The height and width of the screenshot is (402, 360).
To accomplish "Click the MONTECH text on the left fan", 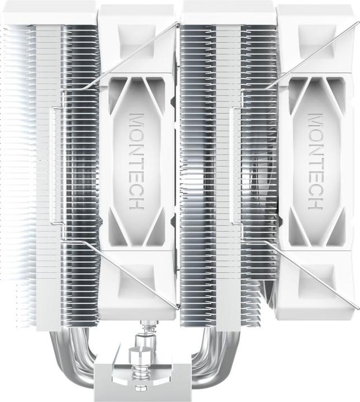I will (x=136, y=162).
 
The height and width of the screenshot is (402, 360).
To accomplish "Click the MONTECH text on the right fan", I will (x=316, y=162).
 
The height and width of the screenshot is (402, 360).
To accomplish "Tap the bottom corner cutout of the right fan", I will (x=316, y=279).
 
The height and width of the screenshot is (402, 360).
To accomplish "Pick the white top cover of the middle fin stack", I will (x=228, y=11).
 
